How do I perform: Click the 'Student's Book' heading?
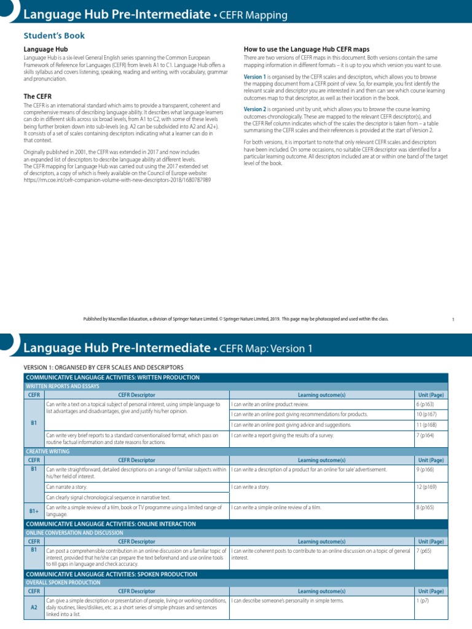(54, 36)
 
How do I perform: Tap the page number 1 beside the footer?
(452, 319)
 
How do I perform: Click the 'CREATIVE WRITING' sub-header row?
(47, 451)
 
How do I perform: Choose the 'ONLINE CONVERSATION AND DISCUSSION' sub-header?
(74, 533)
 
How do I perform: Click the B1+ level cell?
(34, 510)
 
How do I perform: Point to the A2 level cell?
(34, 606)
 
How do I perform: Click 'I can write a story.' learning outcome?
(254, 486)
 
